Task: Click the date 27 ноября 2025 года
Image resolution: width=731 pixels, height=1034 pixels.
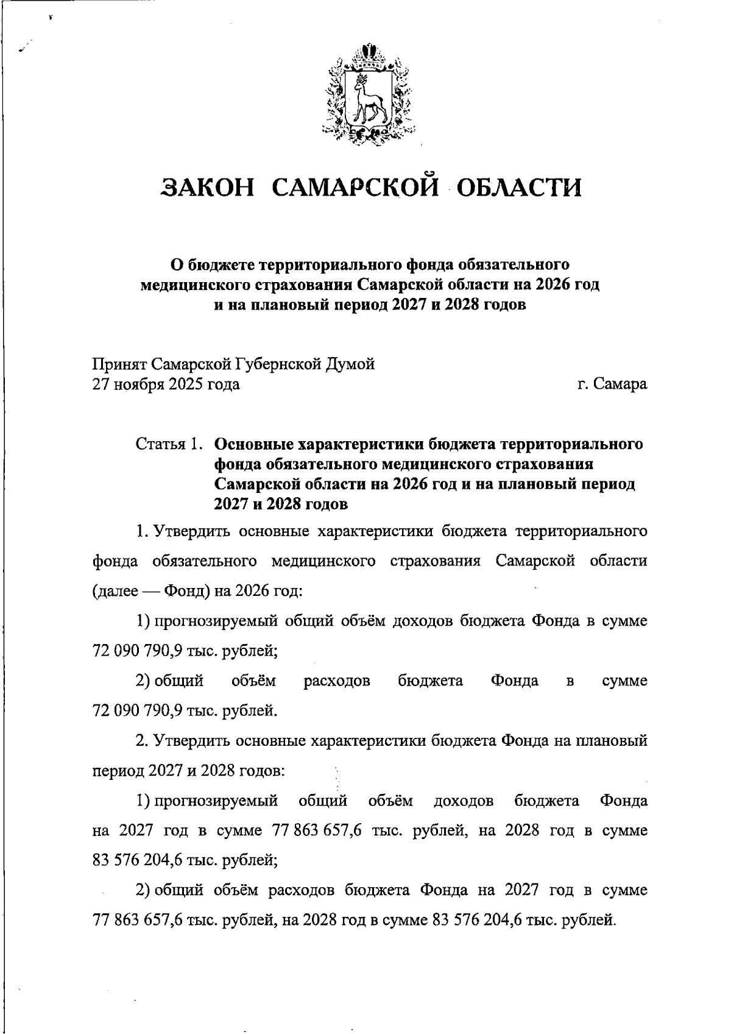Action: click(x=166, y=384)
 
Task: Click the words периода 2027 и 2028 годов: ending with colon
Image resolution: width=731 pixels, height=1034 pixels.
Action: click(x=189, y=771)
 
